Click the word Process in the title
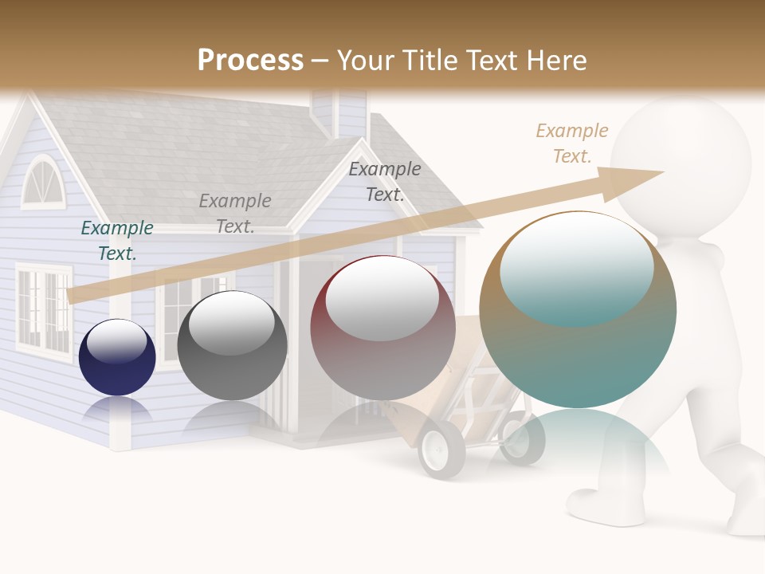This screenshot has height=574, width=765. tap(250, 60)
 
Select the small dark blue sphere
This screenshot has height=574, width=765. tap(117, 357)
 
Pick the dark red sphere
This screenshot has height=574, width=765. tap(382, 328)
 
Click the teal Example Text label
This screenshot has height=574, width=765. tap(117, 240)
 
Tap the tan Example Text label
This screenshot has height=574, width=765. tap(572, 143)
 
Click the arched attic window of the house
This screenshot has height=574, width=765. tap(41, 183)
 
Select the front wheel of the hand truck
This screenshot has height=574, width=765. tap(441, 449)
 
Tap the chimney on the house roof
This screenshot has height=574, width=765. tap(339, 112)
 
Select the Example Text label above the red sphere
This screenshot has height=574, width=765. tap(385, 181)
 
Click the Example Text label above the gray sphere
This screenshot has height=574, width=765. tap(235, 213)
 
